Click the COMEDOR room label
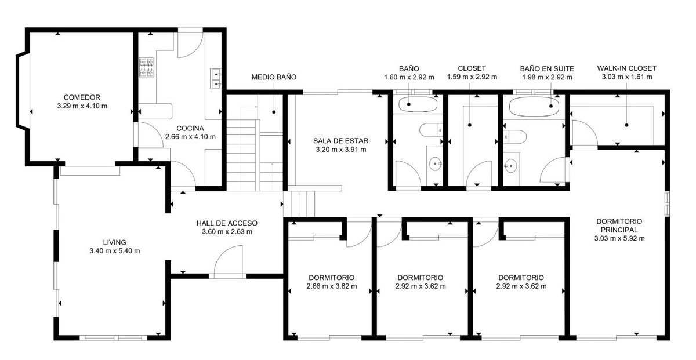[x=82, y=97]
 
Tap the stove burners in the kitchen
[x=146, y=67]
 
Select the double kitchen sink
[x=216, y=79]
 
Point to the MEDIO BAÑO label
[x=274, y=77]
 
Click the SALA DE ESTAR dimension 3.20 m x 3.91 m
[x=341, y=150]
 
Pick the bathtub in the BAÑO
[x=418, y=104]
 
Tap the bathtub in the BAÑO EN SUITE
[x=534, y=107]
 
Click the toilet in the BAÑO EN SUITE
[x=515, y=137]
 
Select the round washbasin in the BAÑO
[x=435, y=163]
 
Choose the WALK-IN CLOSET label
[x=627, y=68]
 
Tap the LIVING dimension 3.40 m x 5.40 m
[x=115, y=251]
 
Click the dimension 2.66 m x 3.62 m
[x=332, y=286]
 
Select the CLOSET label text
[x=472, y=68]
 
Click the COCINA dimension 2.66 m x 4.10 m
[x=190, y=137]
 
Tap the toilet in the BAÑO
[x=432, y=129]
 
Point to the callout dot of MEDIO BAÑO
[x=274, y=112]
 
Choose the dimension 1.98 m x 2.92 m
[x=547, y=77]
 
